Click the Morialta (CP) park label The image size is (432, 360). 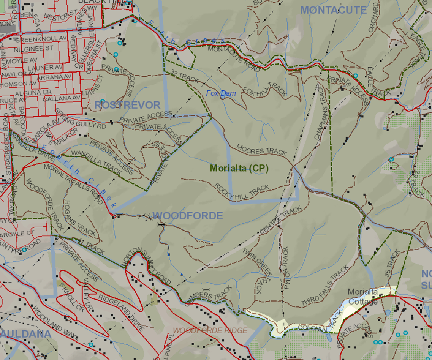[239, 168]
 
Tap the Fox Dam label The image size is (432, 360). [221, 93]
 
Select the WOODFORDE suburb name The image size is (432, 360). [188, 216]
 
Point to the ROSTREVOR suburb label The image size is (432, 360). [127, 105]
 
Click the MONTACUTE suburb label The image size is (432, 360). [333, 10]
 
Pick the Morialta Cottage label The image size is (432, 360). [363, 297]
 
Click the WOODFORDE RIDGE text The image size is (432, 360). [210, 330]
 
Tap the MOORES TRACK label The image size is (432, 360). [261, 150]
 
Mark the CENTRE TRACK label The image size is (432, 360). [281, 219]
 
